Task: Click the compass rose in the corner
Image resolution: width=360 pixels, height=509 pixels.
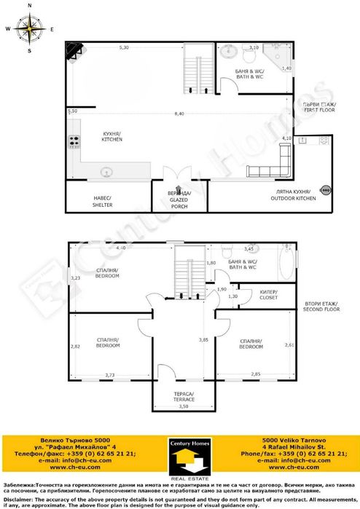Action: coord(30,28)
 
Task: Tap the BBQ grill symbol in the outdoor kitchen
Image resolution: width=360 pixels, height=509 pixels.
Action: coord(326,191)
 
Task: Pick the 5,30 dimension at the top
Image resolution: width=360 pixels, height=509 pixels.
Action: coord(125,47)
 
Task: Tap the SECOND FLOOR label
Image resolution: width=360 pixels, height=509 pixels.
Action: coord(321,307)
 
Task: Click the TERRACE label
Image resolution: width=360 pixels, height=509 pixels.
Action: coord(184,398)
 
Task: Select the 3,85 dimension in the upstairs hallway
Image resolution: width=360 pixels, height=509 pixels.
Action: coord(205,340)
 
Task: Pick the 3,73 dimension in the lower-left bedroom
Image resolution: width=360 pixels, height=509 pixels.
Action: coord(110,374)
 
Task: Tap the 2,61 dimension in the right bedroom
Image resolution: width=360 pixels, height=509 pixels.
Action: coord(289,344)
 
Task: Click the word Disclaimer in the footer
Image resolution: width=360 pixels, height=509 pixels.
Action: coord(19,500)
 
